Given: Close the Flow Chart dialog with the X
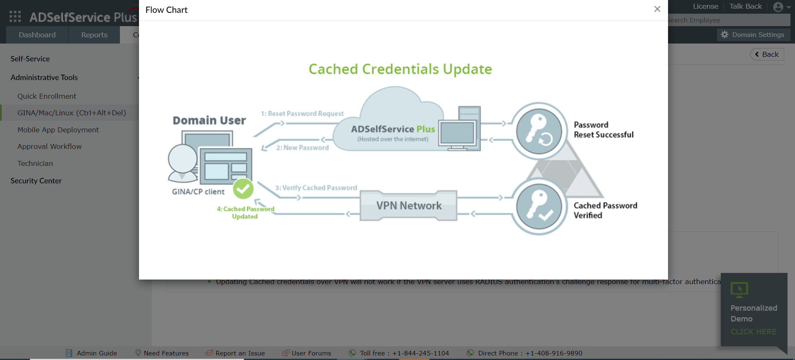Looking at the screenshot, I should coord(657,9).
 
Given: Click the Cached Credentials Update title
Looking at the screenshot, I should coord(400,69).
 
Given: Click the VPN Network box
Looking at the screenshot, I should coord(409,206).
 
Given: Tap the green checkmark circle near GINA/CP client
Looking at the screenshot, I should coord(243,189).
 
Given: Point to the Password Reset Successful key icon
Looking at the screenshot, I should coord(539,131).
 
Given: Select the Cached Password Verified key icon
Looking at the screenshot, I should coord(539,206).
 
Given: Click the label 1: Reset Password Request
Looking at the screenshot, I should coord(302,114).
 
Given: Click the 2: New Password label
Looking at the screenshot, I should coord(302,148).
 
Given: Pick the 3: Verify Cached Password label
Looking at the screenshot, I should coord(316,188).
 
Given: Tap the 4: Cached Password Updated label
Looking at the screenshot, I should coord(245,212).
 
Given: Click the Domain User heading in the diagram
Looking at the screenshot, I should coord(209,121).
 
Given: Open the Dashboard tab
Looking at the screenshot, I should coord(37,35).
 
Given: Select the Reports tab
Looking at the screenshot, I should coord(94,35).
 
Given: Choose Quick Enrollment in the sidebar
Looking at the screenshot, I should coord(47,96).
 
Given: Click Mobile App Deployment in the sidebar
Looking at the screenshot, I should coord(58,130).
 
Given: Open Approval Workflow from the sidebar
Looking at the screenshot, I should coord(49,146).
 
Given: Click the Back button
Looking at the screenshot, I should coord(767,54).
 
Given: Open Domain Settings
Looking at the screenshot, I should coord(753,35).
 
